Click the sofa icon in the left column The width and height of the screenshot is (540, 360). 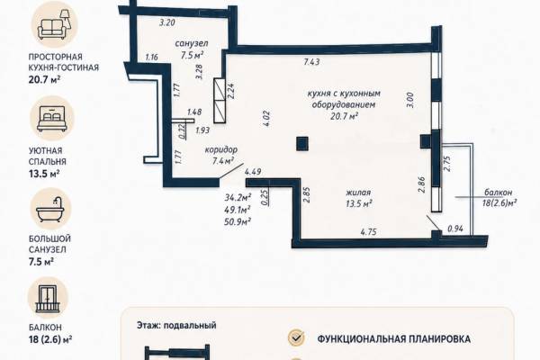(x=54, y=24)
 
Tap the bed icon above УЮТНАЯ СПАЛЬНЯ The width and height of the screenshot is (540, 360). (x=52, y=119)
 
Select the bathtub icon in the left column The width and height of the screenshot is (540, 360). (x=50, y=209)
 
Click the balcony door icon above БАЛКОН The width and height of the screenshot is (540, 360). (x=48, y=298)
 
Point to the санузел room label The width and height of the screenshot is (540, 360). (x=192, y=44)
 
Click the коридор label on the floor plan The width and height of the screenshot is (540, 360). (x=221, y=150)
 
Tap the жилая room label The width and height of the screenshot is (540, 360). (x=358, y=193)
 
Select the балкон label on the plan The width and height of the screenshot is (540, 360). (x=498, y=193)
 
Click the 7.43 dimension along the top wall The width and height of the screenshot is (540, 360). (x=311, y=62)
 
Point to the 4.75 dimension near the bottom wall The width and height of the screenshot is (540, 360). (x=368, y=232)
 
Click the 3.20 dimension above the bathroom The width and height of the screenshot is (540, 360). (x=167, y=23)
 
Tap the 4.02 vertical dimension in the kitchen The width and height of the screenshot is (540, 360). (x=266, y=119)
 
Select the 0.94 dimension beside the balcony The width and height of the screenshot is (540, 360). (x=455, y=229)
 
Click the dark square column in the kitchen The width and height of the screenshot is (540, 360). (x=302, y=144)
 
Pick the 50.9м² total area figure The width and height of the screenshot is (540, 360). (x=238, y=221)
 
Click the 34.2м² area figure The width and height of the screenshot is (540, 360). (x=238, y=198)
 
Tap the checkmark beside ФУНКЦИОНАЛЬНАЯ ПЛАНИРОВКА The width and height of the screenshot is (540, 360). (x=296, y=337)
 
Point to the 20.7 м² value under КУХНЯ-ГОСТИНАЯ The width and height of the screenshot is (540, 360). (x=44, y=80)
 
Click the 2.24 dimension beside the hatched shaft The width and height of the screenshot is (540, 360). (x=231, y=91)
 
